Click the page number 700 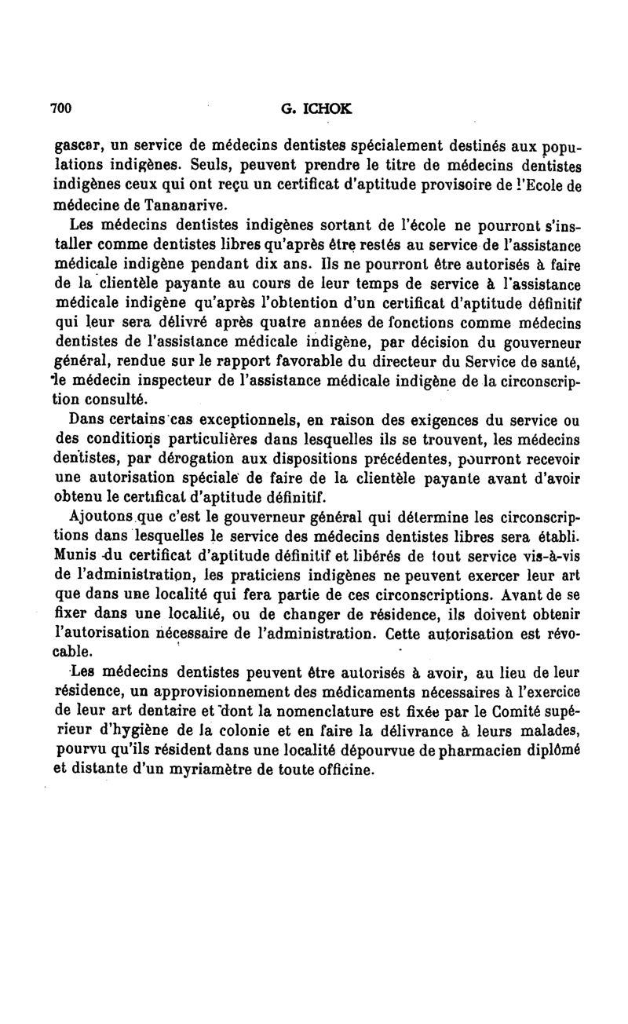61,109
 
